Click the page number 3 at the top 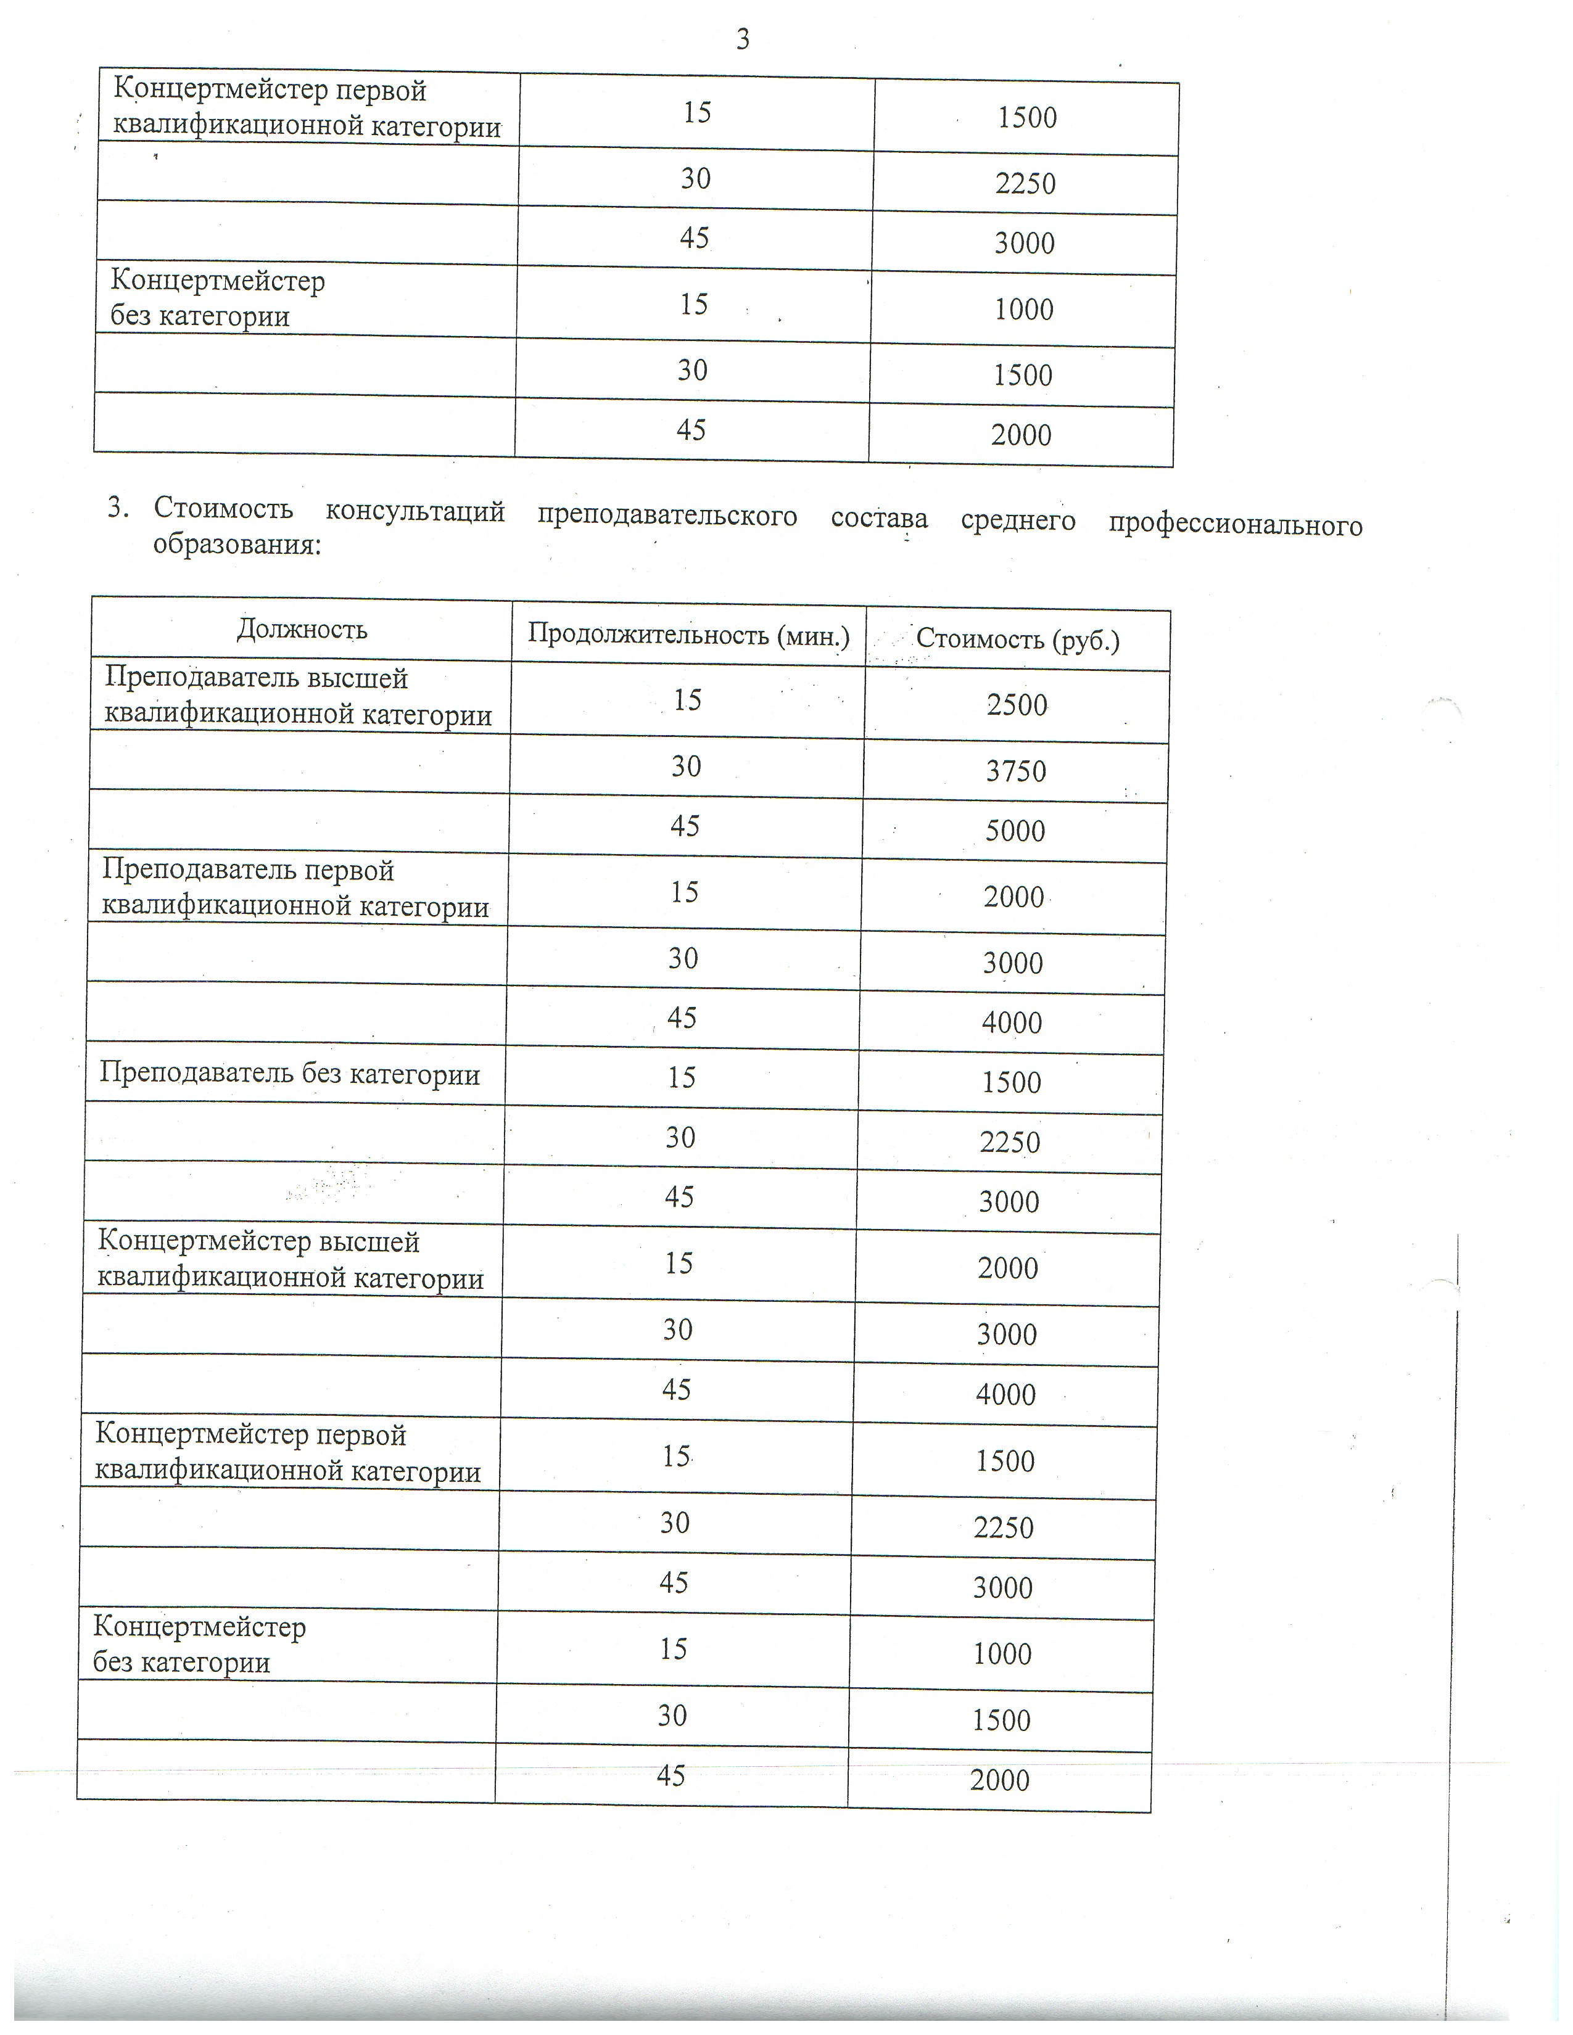point(743,40)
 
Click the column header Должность point(302,630)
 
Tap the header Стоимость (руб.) point(1018,639)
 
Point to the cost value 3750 point(1016,771)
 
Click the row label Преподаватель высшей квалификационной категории point(297,696)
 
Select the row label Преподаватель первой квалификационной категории point(294,888)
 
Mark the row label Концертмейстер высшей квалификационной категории point(290,1260)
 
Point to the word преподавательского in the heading point(667,516)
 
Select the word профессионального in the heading point(1235,525)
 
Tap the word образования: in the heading point(237,544)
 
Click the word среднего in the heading point(1018,521)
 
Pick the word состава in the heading point(879,518)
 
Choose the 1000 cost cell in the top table point(1023,310)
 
